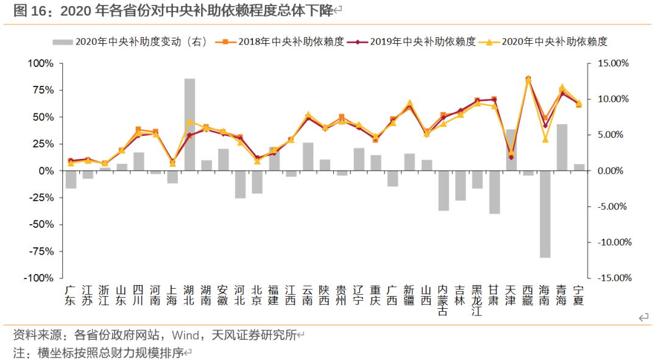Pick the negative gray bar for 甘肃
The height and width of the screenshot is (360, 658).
coord(494,192)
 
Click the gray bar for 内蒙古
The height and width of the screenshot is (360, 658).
coord(443,191)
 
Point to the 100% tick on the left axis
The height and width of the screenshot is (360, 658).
coord(41,63)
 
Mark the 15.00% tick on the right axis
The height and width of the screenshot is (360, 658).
coord(613,63)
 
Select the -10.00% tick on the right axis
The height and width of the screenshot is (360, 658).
coord(612,242)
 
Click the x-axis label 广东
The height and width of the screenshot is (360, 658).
coord(71,295)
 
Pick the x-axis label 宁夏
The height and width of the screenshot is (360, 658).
coord(578,295)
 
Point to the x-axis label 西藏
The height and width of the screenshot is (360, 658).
coord(528,295)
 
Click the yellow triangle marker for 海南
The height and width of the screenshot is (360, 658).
coord(545,139)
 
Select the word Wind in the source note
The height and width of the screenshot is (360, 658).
coord(185,335)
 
